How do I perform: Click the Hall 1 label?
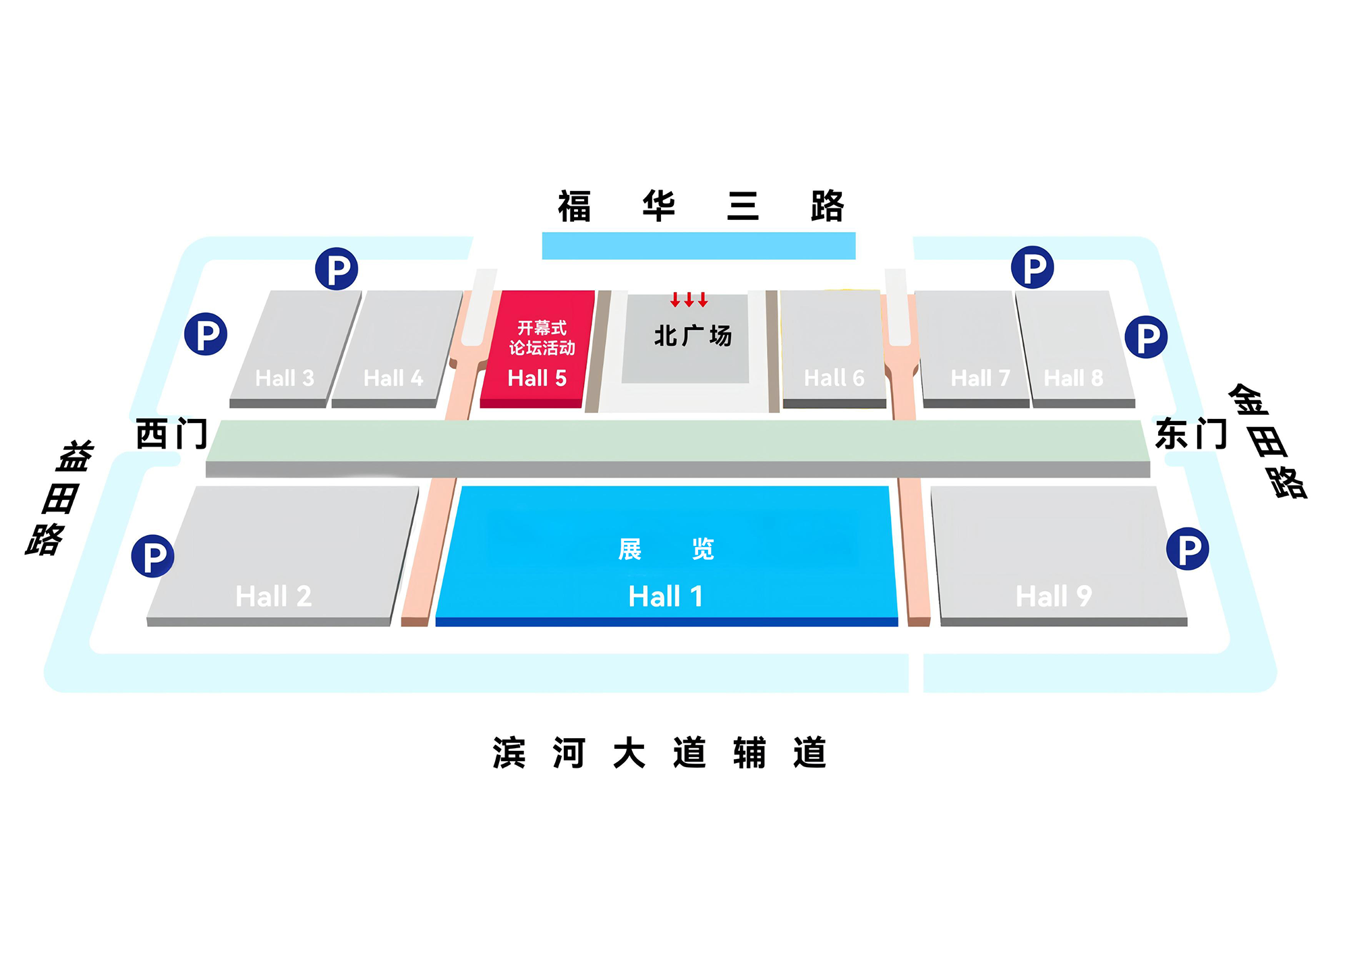666,596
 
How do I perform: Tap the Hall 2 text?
274,596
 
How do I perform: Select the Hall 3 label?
285,378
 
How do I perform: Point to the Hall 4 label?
393,378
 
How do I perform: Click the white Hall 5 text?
537,378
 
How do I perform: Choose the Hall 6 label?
834,378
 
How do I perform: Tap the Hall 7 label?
981,378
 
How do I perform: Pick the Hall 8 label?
1074,378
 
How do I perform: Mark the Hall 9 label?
1054,596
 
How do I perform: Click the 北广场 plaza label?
693,335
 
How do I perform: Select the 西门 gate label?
171,433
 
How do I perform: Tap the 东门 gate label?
1191,433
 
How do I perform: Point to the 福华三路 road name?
701,206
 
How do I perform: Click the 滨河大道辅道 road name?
660,752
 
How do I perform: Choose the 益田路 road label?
59,498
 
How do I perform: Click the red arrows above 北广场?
689,300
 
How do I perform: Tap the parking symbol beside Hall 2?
152,556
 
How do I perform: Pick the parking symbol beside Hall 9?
1187,549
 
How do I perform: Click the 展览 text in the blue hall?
666,549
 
